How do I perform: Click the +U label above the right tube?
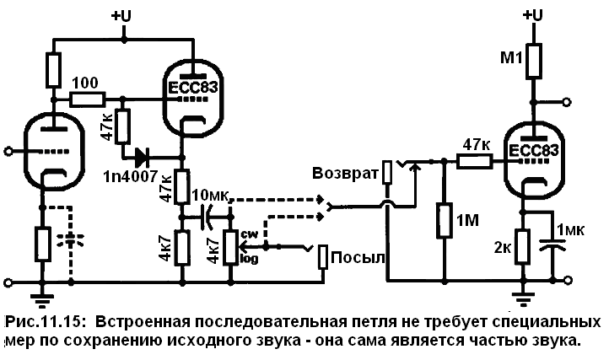(x=534, y=15)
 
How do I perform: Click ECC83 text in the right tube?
(x=534, y=151)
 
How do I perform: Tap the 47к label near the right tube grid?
(x=477, y=146)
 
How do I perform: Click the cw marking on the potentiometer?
(x=251, y=234)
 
